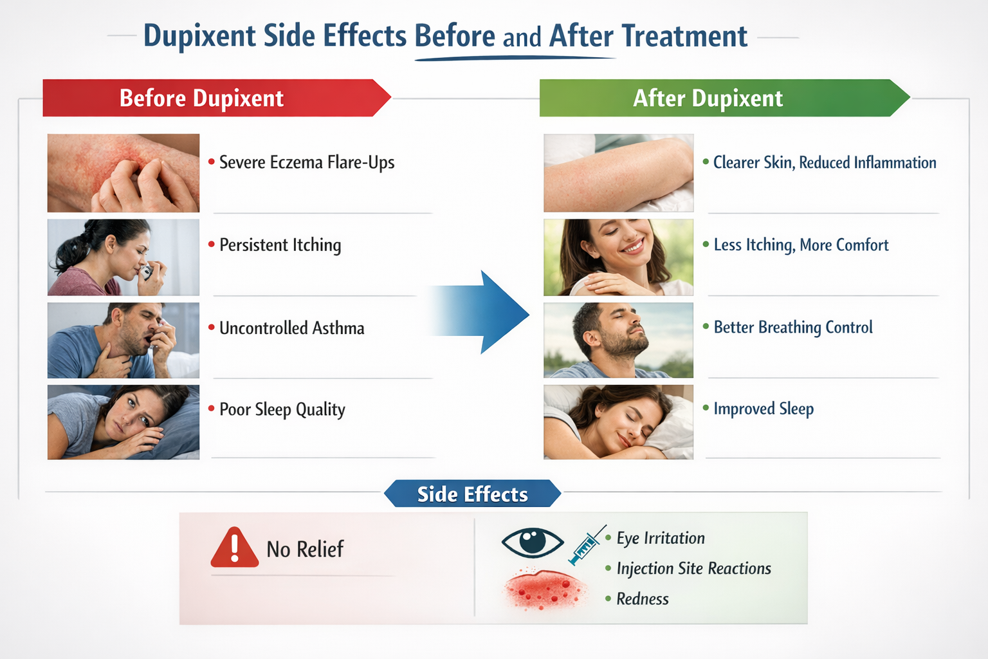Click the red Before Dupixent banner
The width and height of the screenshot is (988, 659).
(212, 98)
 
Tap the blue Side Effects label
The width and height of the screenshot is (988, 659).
(472, 494)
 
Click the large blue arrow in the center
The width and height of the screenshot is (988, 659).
(482, 312)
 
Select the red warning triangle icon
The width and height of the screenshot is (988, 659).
(234, 548)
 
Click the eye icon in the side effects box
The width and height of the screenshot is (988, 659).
(532, 541)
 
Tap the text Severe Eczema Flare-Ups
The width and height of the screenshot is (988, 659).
(306, 162)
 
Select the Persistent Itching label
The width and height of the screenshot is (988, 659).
(280, 245)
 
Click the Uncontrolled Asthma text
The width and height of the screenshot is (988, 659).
(291, 328)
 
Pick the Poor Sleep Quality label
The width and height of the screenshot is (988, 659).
(282, 409)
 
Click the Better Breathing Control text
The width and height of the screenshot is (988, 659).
(792, 328)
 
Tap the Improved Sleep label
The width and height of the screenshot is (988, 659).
(763, 409)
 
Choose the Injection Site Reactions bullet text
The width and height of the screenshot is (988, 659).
(693, 568)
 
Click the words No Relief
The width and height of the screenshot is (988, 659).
(305, 549)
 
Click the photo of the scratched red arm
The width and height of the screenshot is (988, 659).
(123, 172)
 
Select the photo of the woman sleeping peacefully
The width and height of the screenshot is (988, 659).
(618, 422)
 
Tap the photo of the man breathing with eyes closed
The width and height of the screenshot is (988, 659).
(618, 340)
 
